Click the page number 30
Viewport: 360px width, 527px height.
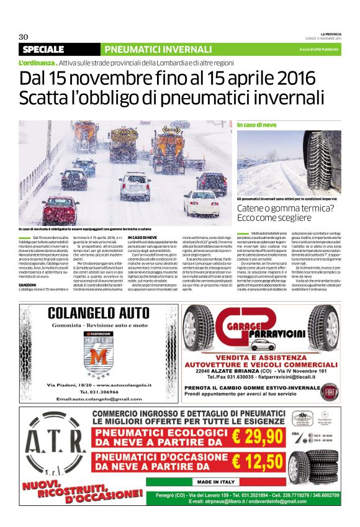tap(24, 37)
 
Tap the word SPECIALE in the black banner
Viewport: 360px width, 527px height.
tap(43, 50)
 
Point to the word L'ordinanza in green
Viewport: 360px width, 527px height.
tap(38, 63)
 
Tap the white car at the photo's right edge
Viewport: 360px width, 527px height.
tap(201, 202)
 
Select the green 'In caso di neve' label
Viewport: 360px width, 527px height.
tap(256, 125)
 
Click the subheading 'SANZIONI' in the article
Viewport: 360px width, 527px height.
tap(35, 285)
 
